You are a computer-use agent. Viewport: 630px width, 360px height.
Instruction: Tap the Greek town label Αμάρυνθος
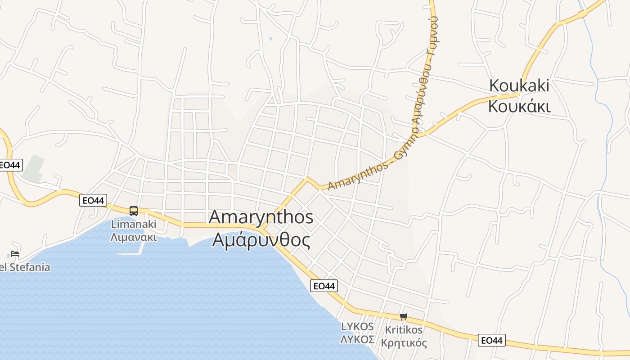click(261, 240)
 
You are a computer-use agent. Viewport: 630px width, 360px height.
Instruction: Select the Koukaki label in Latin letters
click(519, 85)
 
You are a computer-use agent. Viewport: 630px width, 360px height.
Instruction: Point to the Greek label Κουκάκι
click(519, 107)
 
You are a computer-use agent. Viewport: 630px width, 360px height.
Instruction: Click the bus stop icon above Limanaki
click(133, 211)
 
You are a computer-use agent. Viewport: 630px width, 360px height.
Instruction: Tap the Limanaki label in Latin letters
click(134, 224)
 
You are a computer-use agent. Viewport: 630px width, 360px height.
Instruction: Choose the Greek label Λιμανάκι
click(134, 237)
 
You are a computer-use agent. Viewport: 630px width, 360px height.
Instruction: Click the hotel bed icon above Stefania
click(15, 254)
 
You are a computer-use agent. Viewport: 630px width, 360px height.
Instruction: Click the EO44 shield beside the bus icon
click(93, 200)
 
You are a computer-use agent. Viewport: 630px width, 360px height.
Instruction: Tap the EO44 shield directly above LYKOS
click(324, 286)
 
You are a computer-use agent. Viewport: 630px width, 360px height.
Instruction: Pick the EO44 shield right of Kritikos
click(492, 340)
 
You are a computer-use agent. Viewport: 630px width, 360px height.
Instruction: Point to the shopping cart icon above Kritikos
click(403, 316)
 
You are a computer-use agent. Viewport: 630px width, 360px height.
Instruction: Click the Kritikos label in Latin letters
click(404, 330)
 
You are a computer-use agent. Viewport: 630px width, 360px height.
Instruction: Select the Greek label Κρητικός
click(404, 343)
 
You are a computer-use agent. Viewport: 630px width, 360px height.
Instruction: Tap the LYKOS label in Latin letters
click(357, 326)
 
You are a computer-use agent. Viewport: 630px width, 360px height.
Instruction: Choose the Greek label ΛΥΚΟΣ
click(357, 339)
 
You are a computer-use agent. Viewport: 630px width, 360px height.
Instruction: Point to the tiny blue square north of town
click(270, 39)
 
